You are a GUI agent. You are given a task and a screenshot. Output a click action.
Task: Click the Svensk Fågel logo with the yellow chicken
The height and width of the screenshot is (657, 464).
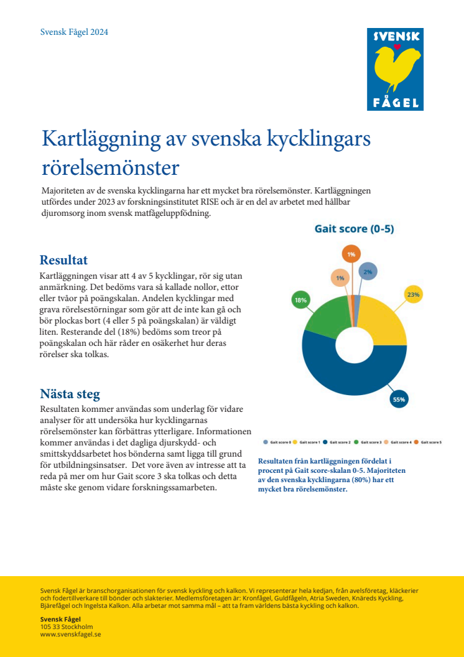coord(394,70)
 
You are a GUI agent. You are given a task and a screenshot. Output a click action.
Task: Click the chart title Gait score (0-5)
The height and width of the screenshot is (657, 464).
coord(354,229)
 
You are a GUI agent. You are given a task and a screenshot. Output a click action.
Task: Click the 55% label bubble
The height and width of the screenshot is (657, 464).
coord(399,399)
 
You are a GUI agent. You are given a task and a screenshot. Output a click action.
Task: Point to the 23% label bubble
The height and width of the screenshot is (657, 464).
coord(414,294)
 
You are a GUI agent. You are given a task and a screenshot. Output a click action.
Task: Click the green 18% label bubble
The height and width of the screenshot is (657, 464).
coord(300,300)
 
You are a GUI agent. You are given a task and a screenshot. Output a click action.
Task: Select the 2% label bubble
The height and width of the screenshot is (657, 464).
coord(368,271)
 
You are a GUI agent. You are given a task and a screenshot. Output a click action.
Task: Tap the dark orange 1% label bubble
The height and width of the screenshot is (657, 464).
coord(351,254)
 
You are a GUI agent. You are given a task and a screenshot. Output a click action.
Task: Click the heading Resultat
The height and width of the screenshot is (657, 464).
coord(63,260)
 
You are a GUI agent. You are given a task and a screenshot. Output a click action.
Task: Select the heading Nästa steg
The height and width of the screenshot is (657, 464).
coord(70,394)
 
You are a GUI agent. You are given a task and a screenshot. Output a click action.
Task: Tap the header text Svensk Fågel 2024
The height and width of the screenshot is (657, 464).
coord(74,32)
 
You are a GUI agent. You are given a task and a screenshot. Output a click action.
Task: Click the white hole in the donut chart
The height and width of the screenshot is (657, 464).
coord(354,348)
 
